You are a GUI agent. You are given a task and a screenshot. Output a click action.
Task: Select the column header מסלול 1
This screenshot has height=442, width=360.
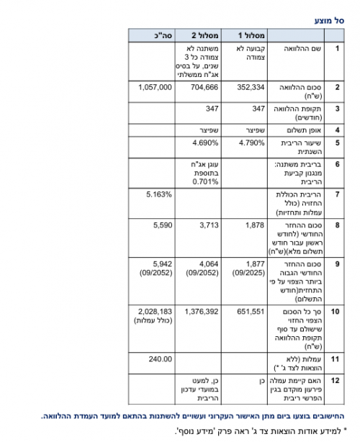pyautogui.click(x=252, y=35)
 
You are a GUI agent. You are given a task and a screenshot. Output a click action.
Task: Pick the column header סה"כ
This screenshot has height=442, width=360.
pyautogui.click(x=156, y=35)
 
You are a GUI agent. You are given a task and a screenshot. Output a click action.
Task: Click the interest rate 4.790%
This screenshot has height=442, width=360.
pyautogui.click(x=252, y=144)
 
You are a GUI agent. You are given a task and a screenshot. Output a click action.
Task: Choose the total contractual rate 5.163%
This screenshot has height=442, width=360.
pyautogui.click(x=158, y=194)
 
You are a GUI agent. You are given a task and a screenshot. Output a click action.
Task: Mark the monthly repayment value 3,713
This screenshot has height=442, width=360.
pyautogui.click(x=208, y=225)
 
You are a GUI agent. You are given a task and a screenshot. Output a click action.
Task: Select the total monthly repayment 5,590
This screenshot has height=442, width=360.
pyautogui.click(x=162, y=225)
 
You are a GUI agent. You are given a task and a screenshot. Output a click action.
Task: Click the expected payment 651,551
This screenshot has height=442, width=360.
pyautogui.click(x=252, y=311)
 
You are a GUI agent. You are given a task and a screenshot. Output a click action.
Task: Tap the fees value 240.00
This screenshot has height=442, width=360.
pyautogui.click(x=160, y=358)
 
